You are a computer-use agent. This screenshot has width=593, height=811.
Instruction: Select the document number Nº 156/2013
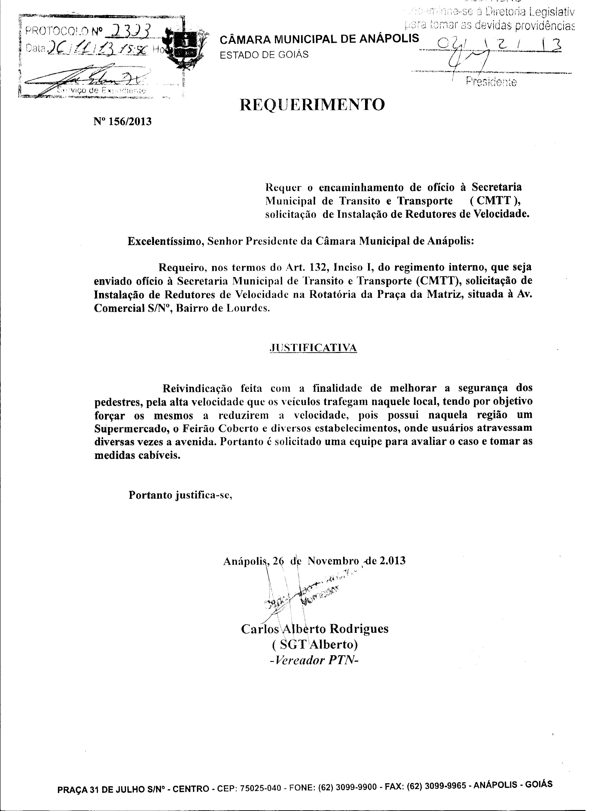(x=122, y=122)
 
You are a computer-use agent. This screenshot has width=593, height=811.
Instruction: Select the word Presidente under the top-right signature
(x=491, y=82)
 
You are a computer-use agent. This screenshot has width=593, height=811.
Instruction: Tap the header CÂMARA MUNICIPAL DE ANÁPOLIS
(x=319, y=39)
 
